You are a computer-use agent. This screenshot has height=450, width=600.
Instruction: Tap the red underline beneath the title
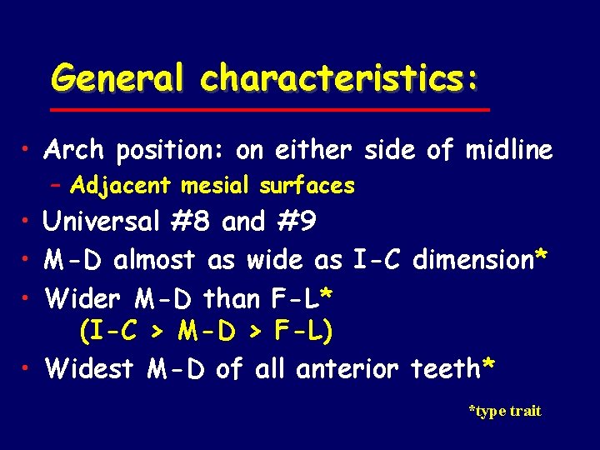[268, 110]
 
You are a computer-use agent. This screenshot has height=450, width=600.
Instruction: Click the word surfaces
[310, 185]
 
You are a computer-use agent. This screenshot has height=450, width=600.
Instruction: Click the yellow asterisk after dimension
[542, 256]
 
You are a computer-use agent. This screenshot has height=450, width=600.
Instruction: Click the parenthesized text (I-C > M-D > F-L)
[206, 332]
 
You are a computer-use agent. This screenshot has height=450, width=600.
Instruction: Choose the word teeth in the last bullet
[446, 367]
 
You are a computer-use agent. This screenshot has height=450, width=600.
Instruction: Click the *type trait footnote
[505, 411]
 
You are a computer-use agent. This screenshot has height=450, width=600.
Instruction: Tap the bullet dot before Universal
[29, 222]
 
